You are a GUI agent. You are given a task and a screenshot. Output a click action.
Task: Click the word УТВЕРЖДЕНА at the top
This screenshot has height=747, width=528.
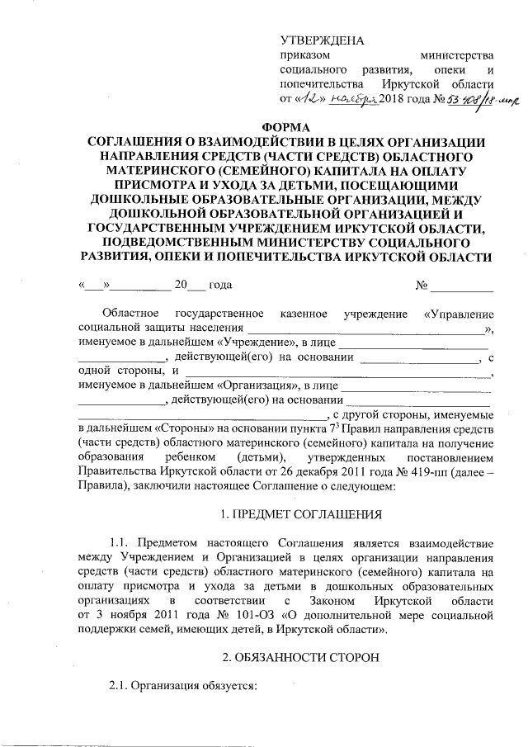[323, 40]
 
